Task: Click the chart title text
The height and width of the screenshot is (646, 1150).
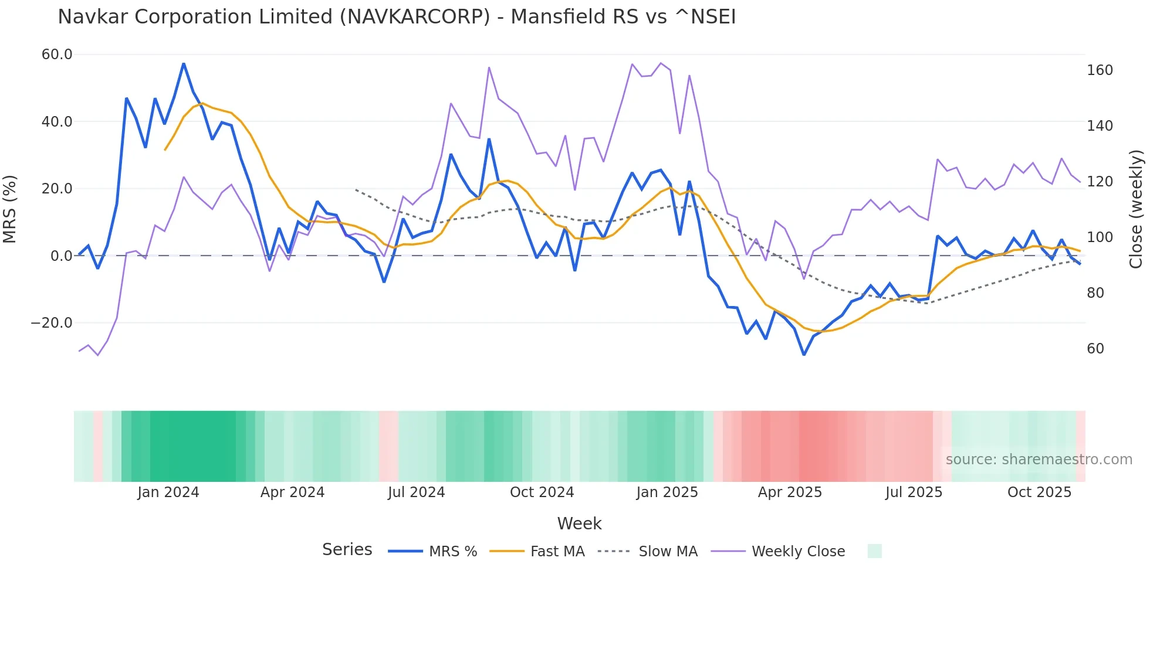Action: (x=397, y=17)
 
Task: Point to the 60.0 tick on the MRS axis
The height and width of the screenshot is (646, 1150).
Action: (x=57, y=55)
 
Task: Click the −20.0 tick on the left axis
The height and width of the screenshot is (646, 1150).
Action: (x=52, y=323)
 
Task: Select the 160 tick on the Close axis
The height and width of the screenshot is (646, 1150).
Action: (x=1100, y=70)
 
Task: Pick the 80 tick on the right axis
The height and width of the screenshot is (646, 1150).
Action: (x=1095, y=293)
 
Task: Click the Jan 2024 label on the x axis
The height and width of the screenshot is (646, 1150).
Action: (x=168, y=492)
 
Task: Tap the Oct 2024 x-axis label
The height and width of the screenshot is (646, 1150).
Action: (x=542, y=492)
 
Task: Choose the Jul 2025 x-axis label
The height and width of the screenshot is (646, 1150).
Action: (x=914, y=492)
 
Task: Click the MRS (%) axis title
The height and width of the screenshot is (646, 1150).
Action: (x=10, y=209)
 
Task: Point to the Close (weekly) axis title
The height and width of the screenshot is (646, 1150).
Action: (x=1136, y=209)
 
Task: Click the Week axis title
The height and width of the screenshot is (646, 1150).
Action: (x=579, y=523)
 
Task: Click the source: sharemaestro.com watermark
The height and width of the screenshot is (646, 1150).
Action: (x=1039, y=460)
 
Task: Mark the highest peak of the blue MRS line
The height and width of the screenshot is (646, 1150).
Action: (x=184, y=63)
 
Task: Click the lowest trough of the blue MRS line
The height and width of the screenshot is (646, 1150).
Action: (x=804, y=355)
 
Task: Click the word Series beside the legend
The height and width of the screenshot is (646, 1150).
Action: (x=347, y=550)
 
